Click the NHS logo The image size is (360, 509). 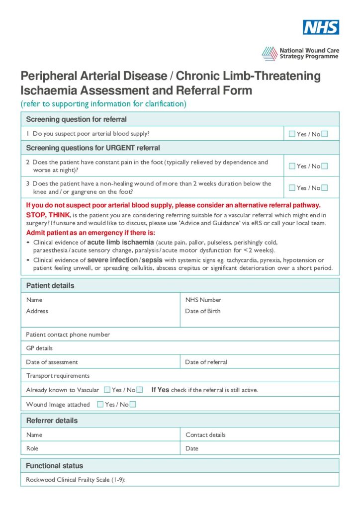click(321, 27)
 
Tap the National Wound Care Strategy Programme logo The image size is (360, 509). click(300, 54)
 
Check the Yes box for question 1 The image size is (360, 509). click(292, 134)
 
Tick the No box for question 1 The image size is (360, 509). click(325, 134)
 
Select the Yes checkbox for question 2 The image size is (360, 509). click(292, 166)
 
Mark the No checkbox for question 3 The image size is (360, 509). click(325, 187)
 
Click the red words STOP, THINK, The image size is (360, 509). click(48, 215)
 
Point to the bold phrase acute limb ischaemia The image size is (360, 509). click(120, 242)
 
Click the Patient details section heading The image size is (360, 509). click(50, 286)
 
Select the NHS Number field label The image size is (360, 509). click(203, 300)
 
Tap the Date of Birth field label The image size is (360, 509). click(202, 311)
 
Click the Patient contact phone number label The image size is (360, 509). click(68, 335)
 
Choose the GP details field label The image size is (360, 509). click(39, 348)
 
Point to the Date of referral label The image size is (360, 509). click(206, 362)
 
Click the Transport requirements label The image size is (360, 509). click(58, 376)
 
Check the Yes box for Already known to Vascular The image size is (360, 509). click(107, 390)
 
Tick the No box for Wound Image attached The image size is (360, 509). click(133, 404)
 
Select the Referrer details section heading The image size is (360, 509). click(52, 421)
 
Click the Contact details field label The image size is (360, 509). click(205, 434)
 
